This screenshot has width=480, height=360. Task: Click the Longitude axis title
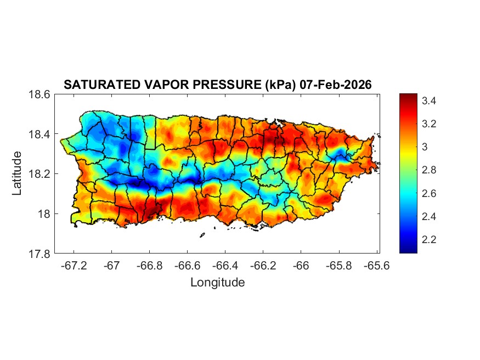217,283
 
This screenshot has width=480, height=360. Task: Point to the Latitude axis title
17,173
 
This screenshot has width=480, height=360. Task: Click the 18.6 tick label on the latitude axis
40,94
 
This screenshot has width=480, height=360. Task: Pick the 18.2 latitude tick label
40,174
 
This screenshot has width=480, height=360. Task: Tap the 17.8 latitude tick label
40,254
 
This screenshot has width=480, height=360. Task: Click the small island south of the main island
202,235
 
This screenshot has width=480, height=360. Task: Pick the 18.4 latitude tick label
40,134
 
